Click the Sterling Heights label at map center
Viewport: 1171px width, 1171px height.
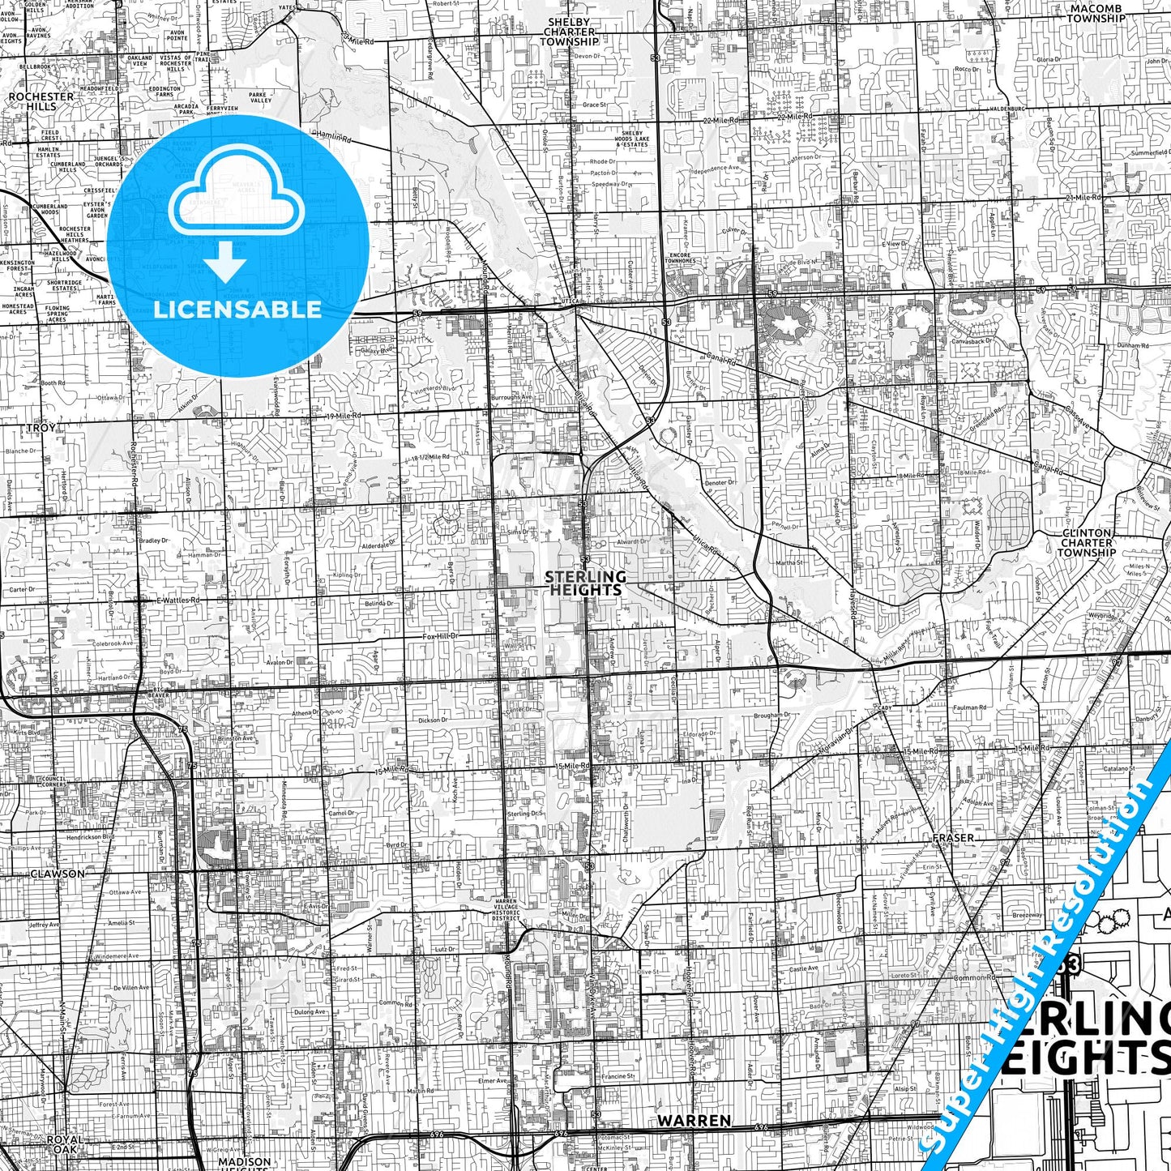tap(585, 583)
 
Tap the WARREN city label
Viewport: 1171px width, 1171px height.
tap(694, 1121)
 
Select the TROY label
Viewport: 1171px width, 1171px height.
tap(41, 427)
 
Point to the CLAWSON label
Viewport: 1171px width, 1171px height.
tap(57, 874)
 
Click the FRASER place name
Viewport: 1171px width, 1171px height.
tap(952, 838)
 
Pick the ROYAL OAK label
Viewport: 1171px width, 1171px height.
tap(63, 1143)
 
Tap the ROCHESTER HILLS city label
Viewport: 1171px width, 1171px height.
tap(41, 100)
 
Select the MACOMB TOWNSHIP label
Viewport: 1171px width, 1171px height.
tap(1096, 13)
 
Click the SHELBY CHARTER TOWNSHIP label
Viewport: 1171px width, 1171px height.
tap(569, 32)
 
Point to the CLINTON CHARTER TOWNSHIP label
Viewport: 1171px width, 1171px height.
tap(1087, 543)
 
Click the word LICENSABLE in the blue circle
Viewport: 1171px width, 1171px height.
tap(237, 309)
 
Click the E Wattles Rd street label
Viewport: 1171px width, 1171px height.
tap(178, 600)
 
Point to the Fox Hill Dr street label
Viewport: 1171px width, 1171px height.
tap(440, 637)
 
